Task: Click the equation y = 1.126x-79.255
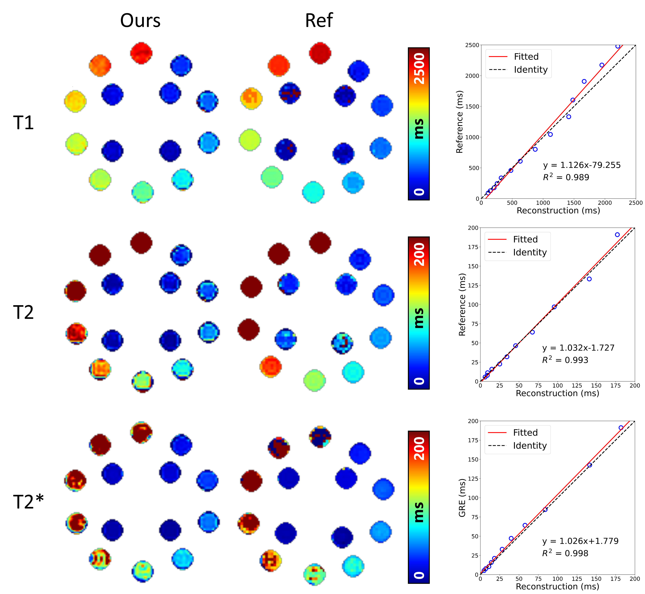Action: point(582,165)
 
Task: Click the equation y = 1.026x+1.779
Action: point(580,541)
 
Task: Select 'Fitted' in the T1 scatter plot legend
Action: point(526,57)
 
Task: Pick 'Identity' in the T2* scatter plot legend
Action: point(530,445)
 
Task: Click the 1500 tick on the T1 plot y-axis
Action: point(472,106)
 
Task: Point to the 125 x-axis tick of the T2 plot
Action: point(577,385)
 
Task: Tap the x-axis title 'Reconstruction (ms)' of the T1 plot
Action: point(558,211)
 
